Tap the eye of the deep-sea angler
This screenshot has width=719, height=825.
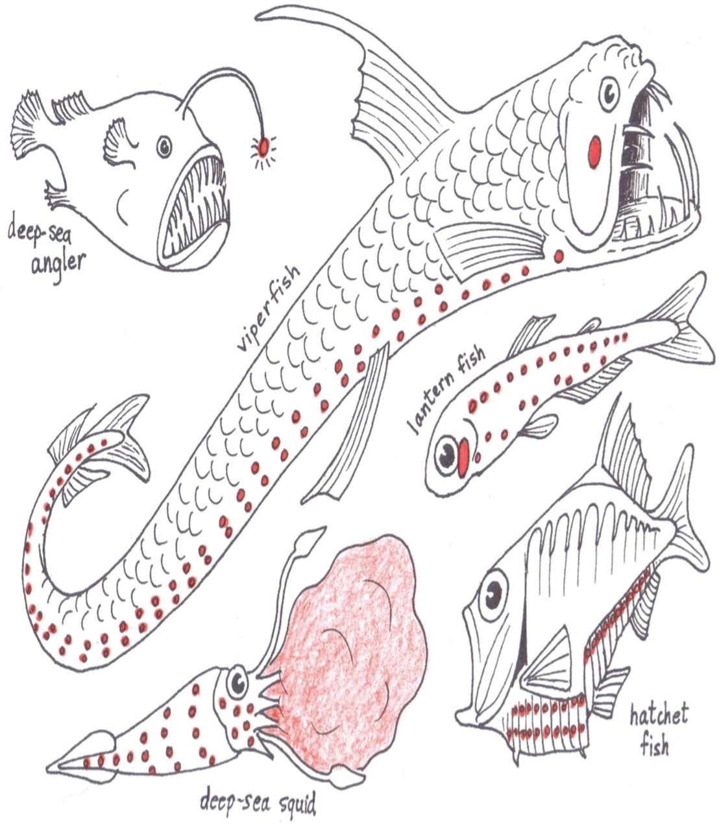(164, 147)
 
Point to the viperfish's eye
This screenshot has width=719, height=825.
(609, 94)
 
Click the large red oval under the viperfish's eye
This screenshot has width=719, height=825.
(594, 152)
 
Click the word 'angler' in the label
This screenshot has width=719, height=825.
(58, 264)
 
